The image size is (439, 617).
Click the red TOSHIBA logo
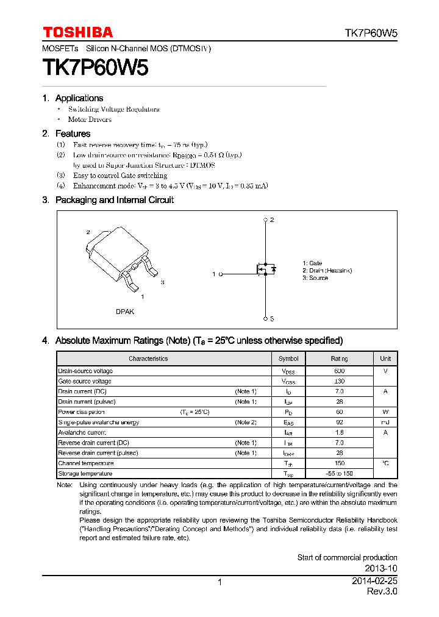click(x=77, y=32)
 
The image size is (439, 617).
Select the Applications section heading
click(x=79, y=98)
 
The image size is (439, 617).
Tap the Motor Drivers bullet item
click(x=90, y=119)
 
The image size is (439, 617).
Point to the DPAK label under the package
click(x=125, y=312)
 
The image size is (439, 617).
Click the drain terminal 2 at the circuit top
click(x=266, y=219)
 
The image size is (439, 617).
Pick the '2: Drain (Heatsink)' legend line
click(x=327, y=270)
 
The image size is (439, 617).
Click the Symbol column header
click(x=288, y=358)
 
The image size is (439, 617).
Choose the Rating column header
click(x=340, y=358)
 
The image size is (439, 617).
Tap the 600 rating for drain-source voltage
click(x=340, y=371)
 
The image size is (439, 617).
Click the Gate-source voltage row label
click(x=85, y=381)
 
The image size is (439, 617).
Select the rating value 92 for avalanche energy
click(x=340, y=423)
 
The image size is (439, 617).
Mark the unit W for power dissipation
click(x=385, y=412)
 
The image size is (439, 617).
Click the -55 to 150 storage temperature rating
click(x=340, y=474)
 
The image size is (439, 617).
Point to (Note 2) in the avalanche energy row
click(x=246, y=423)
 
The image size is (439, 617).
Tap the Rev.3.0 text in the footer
click(x=382, y=592)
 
